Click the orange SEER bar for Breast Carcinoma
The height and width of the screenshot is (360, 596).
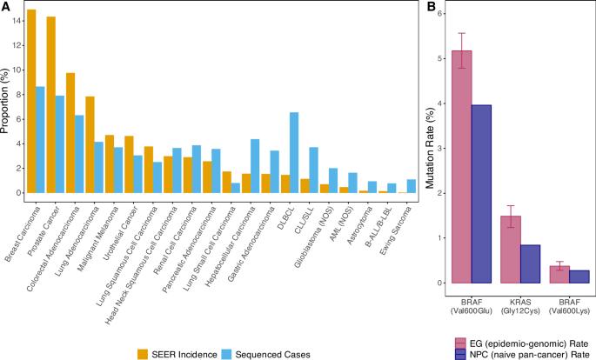(x=31, y=104)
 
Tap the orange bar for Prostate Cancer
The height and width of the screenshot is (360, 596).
(x=51, y=109)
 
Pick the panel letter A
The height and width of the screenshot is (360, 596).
(x=6, y=7)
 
